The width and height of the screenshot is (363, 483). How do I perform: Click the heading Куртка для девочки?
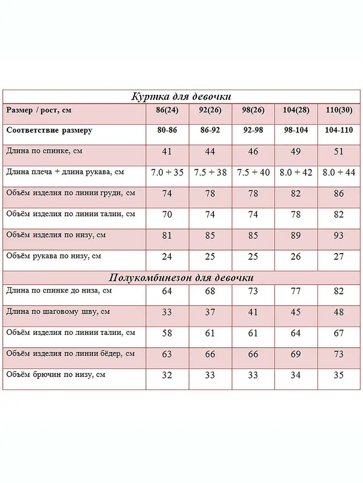(x=181, y=97)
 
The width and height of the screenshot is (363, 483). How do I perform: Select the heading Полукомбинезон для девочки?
(x=181, y=278)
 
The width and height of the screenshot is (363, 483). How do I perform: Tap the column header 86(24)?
(x=167, y=110)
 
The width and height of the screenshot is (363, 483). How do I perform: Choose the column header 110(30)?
(x=339, y=110)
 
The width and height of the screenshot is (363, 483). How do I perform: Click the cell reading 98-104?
(x=296, y=130)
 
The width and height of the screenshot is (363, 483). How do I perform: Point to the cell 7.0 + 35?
(x=167, y=172)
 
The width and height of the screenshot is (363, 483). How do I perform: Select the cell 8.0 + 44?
(x=339, y=172)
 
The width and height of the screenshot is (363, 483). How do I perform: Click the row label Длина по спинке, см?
(x=44, y=151)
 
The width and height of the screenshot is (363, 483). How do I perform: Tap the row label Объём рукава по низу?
(x=54, y=256)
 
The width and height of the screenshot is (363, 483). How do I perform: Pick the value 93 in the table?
(x=339, y=235)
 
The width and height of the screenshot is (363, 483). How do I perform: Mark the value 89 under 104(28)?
(x=296, y=235)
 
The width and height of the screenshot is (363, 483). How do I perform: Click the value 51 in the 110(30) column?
(x=339, y=151)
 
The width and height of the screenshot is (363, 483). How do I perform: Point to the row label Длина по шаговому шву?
(x=58, y=312)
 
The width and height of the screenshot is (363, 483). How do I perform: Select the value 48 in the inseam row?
(x=339, y=312)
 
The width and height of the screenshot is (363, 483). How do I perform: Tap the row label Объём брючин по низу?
(x=56, y=374)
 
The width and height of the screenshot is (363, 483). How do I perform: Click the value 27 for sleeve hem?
(x=339, y=256)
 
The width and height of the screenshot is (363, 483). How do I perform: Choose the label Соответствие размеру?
(x=50, y=130)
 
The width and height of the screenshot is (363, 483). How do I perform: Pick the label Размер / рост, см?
(x=39, y=110)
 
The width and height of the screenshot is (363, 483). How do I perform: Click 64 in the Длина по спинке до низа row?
(x=167, y=291)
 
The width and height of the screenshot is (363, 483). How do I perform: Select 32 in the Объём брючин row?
(x=167, y=375)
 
